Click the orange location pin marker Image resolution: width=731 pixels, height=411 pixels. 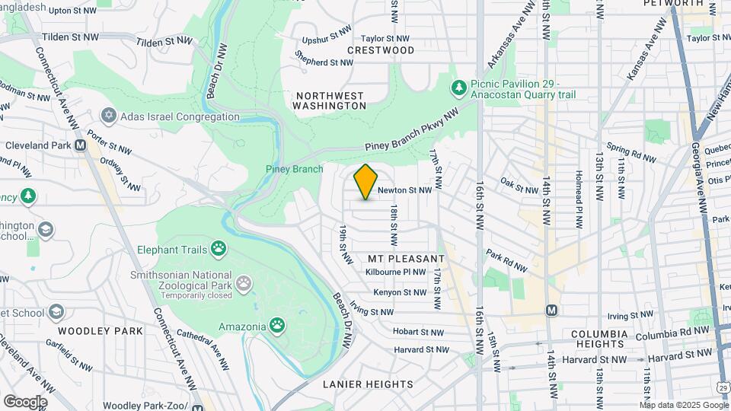(x=365, y=182)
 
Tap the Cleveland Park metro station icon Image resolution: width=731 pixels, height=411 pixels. (x=80, y=145)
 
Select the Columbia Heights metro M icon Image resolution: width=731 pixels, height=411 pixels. (x=552, y=311)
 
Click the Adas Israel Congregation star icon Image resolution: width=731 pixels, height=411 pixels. (x=109, y=116)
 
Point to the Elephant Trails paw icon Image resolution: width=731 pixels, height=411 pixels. (x=219, y=247)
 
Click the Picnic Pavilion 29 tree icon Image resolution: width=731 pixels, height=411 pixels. (x=458, y=89)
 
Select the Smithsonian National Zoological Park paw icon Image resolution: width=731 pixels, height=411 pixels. (x=243, y=284)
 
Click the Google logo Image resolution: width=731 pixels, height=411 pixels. (x=24, y=401)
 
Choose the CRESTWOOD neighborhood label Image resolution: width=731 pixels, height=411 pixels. (x=381, y=50)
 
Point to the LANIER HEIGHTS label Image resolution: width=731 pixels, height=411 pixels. (x=368, y=384)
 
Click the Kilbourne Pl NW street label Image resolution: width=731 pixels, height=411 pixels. (x=395, y=272)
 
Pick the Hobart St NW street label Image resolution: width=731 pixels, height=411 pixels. (x=418, y=331)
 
